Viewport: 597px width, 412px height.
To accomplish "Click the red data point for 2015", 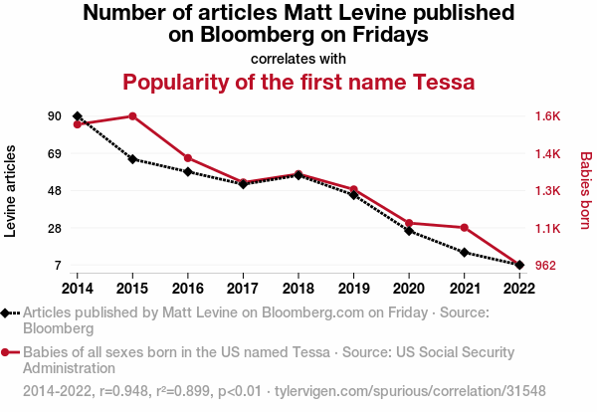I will click(x=132, y=116).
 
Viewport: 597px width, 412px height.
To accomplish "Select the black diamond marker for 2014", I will click(x=78, y=116).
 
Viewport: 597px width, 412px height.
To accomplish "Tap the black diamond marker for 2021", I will click(x=464, y=253).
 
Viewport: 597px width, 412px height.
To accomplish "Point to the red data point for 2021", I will click(x=464, y=228).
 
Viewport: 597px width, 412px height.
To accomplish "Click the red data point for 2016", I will click(x=188, y=158).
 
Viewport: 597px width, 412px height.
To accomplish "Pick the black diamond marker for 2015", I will click(x=132, y=159).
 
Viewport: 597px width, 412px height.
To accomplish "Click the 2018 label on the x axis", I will click(x=298, y=288).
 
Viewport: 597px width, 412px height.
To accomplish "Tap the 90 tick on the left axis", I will click(x=54, y=116).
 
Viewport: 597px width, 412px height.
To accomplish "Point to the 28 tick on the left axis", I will click(x=54, y=229).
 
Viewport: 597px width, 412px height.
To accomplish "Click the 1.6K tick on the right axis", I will click(x=548, y=116).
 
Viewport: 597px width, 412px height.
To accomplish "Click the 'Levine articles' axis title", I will click(x=12, y=190).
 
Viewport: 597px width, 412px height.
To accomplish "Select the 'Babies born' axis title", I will click(x=585, y=190).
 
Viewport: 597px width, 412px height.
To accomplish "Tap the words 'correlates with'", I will click(x=298, y=58).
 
